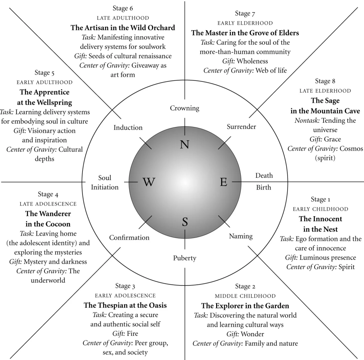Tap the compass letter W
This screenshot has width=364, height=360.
point(149,182)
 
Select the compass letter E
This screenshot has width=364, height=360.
point(223,182)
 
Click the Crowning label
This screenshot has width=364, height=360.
point(184,108)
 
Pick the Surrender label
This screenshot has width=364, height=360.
point(241,127)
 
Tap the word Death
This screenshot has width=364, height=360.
point(264,175)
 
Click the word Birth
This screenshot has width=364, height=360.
point(263,187)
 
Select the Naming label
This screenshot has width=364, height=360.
point(241,236)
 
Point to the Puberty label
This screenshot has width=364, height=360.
point(184,258)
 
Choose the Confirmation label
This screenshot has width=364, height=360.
point(129,238)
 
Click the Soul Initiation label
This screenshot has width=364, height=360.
point(105,182)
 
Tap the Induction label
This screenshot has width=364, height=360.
point(128,127)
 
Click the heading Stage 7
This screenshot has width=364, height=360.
point(245,13)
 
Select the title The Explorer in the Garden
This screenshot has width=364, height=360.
point(245,306)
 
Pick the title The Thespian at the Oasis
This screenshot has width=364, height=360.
point(125,305)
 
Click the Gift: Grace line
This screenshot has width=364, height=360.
point(325,139)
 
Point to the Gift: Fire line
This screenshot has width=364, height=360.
point(125,333)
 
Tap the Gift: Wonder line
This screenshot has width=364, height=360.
point(245,334)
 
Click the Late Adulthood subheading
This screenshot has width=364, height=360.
point(123,18)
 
